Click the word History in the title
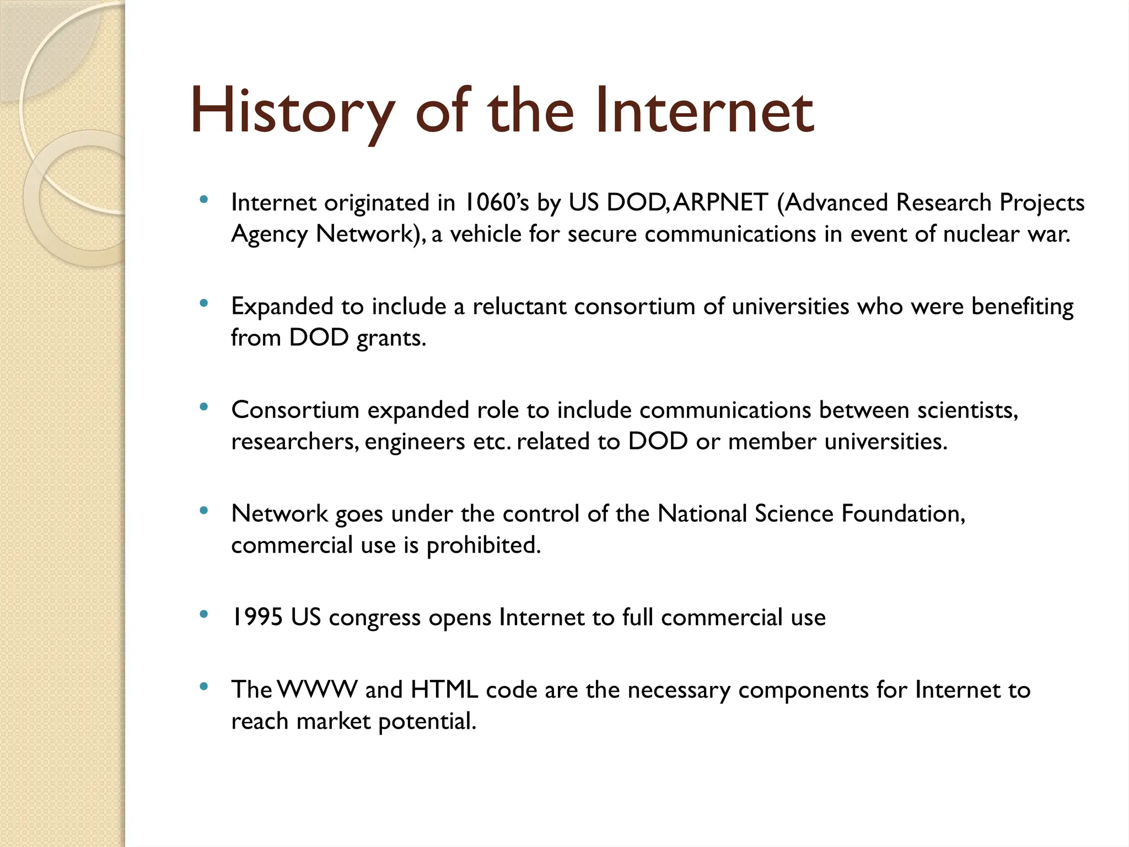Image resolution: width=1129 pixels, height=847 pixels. [292, 112]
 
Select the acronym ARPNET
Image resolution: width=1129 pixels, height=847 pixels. [720, 202]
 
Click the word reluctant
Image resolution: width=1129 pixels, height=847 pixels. [519, 306]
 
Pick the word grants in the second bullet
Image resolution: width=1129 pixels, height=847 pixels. [391, 337]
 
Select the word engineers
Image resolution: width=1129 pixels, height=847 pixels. [415, 441]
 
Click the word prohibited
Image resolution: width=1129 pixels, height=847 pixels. [483, 545]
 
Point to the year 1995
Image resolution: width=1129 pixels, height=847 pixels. [256, 617]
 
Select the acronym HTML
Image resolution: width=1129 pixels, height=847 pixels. [444, 690]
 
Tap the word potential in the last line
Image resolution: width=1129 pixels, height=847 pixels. [427, 721]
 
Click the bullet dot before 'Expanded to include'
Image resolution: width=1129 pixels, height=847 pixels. [204, 303]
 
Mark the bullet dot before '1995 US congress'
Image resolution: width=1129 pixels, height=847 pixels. [204, 614]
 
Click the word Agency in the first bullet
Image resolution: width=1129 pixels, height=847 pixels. [269, 234]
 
